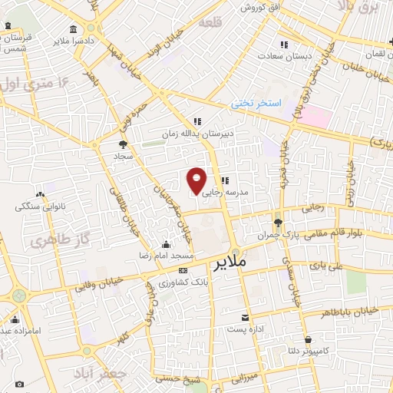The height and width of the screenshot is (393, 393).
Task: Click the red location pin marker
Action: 196,180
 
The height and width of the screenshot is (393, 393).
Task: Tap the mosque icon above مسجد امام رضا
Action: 167,244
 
